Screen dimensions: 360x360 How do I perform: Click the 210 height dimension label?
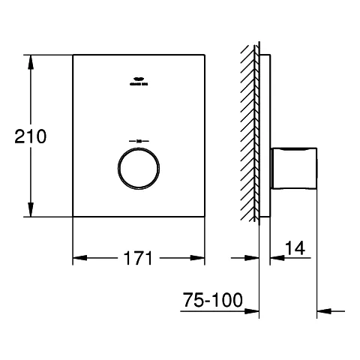click(31, 136)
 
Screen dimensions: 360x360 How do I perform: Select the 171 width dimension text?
click(138, 259)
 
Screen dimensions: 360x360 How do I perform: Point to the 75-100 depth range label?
click(213, 301)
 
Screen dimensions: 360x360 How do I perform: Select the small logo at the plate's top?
click(138, 82)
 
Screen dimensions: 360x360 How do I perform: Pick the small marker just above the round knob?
click(138, 141)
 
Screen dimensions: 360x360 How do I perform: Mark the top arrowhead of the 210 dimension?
click(31, 60)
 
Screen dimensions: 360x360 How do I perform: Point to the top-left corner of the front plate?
click(72, 54)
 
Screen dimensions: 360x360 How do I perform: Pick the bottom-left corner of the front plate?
click(72, 217)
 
